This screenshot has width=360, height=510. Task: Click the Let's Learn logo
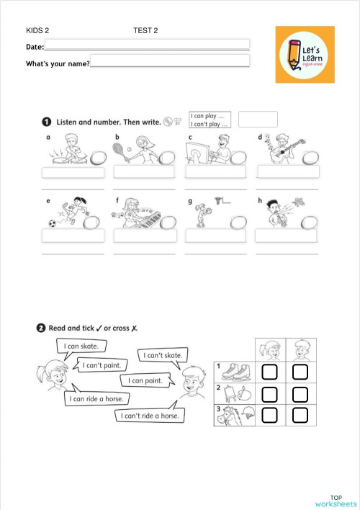click(x=305, y=54)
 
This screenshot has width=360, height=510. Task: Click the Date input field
click(x=147, y=45)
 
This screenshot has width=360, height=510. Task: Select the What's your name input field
click(x=170, y=61)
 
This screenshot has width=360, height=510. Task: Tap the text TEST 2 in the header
click(x=145, y=30)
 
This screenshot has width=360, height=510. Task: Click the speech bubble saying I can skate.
click(x=81, y=346)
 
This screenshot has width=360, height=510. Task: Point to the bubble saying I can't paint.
click(x=100, y=366)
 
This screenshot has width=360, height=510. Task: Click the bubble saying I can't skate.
click(x=163, y=355)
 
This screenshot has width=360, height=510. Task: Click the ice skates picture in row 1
click(x=235, y=371)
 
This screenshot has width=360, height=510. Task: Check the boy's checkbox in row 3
click(x=300, y=416)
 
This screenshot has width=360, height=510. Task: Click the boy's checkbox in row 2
click(x=300, y=394)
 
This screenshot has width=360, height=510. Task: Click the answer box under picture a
click(x=73, y=173)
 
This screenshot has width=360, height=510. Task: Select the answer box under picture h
click(x=286, y=236)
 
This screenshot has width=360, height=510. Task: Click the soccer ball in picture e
click(x=52, y=223)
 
